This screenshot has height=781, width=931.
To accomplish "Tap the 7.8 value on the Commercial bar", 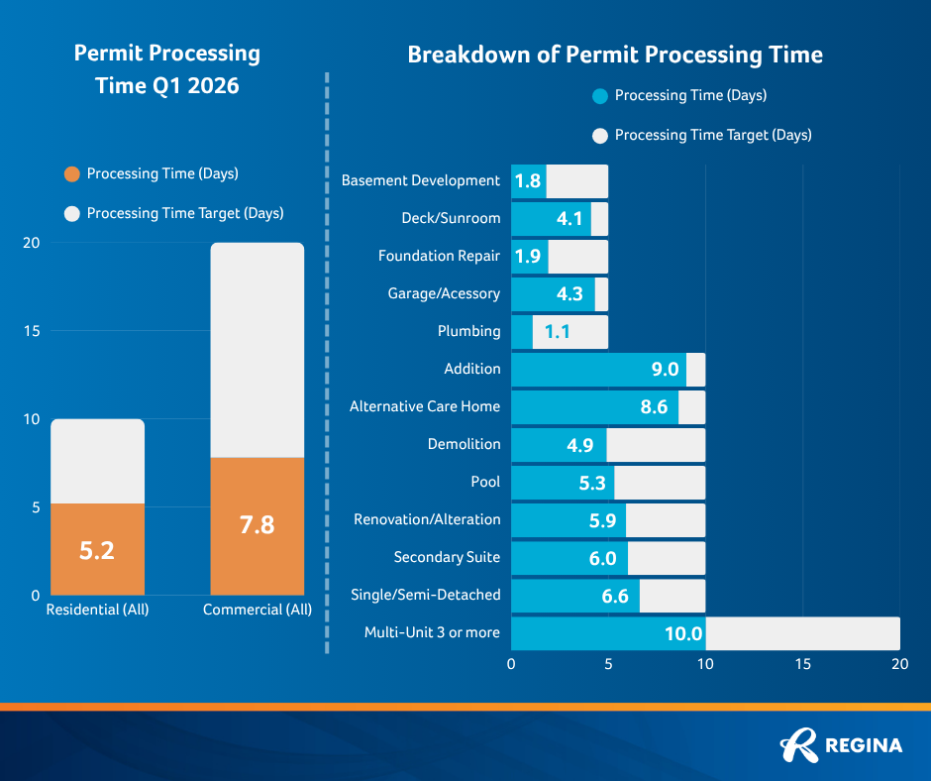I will point(257,525).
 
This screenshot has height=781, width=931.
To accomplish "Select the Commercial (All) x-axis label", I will point(257,610).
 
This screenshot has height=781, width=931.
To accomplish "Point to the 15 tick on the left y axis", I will point(32,331).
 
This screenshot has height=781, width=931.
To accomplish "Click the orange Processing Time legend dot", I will point(70,174).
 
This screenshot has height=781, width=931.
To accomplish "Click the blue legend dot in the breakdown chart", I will point(598,96).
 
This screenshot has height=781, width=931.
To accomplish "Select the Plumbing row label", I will point(468,331).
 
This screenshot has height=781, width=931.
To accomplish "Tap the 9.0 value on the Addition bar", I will point(665,370).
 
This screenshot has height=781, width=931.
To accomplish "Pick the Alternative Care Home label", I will point(424,406).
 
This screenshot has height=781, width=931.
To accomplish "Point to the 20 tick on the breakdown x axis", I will point(899,664).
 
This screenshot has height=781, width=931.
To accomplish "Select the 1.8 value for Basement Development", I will point(528,181).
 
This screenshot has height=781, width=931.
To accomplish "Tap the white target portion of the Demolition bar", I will point(656,445).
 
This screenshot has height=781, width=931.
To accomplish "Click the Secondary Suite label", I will point(447,557).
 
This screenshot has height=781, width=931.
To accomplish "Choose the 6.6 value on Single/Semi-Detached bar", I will point(615,596).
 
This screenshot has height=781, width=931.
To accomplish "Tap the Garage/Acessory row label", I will point(444,293).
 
